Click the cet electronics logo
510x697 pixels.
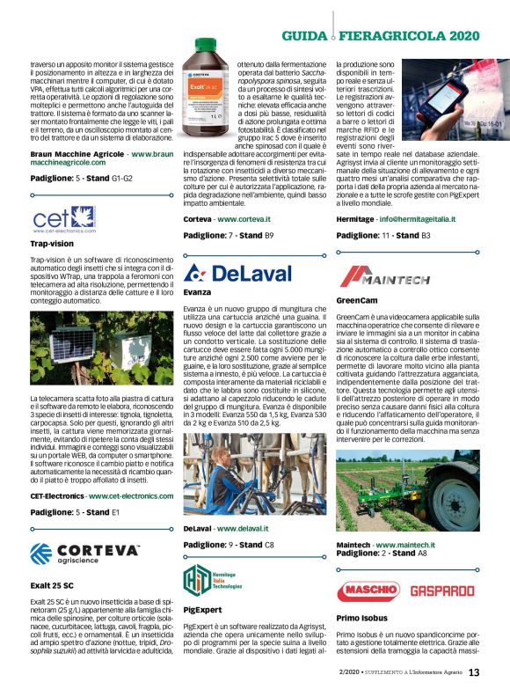tap(62, 218)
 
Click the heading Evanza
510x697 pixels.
tap(197, 292)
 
